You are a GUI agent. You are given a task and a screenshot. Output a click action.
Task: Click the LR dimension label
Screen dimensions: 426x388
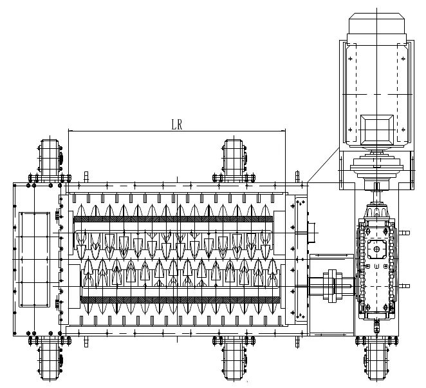tap(177, 124)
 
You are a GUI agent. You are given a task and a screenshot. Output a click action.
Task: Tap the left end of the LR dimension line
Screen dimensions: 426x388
tap(68, 131)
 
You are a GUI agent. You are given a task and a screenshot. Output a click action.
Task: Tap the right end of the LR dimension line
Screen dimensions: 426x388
tap(286, 131)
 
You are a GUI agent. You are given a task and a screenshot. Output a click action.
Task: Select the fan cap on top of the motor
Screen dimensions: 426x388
tap(376, 24)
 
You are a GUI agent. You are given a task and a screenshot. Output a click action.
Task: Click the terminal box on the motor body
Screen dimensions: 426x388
tap(377, 130)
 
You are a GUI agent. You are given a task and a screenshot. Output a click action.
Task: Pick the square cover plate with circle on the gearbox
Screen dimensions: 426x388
tap(377, 249)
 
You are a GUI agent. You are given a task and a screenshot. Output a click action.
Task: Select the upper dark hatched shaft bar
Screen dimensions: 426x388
tap(173, 219)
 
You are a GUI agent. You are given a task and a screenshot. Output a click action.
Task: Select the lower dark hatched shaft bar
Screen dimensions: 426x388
tap(180, 300)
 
